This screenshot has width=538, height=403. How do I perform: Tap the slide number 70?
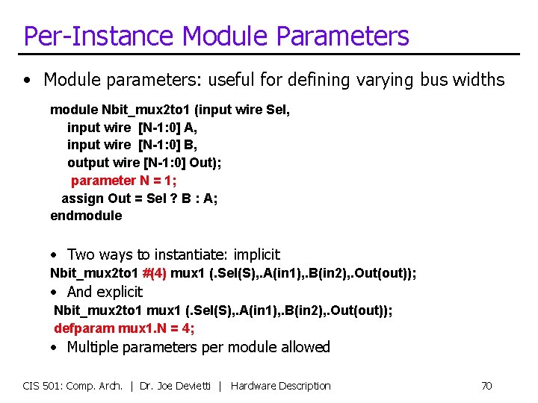[x=486, y=386]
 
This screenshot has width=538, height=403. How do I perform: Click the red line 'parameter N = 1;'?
[x=123, y=181]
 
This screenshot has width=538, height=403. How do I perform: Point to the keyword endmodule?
[x=86, y=216]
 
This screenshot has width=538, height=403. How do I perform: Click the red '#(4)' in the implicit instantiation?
[x=154, y=273]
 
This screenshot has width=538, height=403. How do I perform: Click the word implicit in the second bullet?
[x=255, y=254]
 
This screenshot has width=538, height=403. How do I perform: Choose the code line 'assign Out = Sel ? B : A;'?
[x=139, y=199]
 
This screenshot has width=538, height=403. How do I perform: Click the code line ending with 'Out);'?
[x=144, y=163]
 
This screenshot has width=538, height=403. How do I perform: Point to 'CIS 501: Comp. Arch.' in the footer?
[x=72, y=386]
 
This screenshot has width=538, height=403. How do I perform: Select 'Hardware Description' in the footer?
[x=280, y=386]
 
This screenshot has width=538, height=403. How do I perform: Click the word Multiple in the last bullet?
[x=93, y=347]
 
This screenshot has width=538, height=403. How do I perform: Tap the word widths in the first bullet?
[x=479, y=80]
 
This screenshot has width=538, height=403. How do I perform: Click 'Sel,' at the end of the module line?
[x=278, y=110]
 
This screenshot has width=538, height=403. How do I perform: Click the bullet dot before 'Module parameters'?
[x=28, y=80]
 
